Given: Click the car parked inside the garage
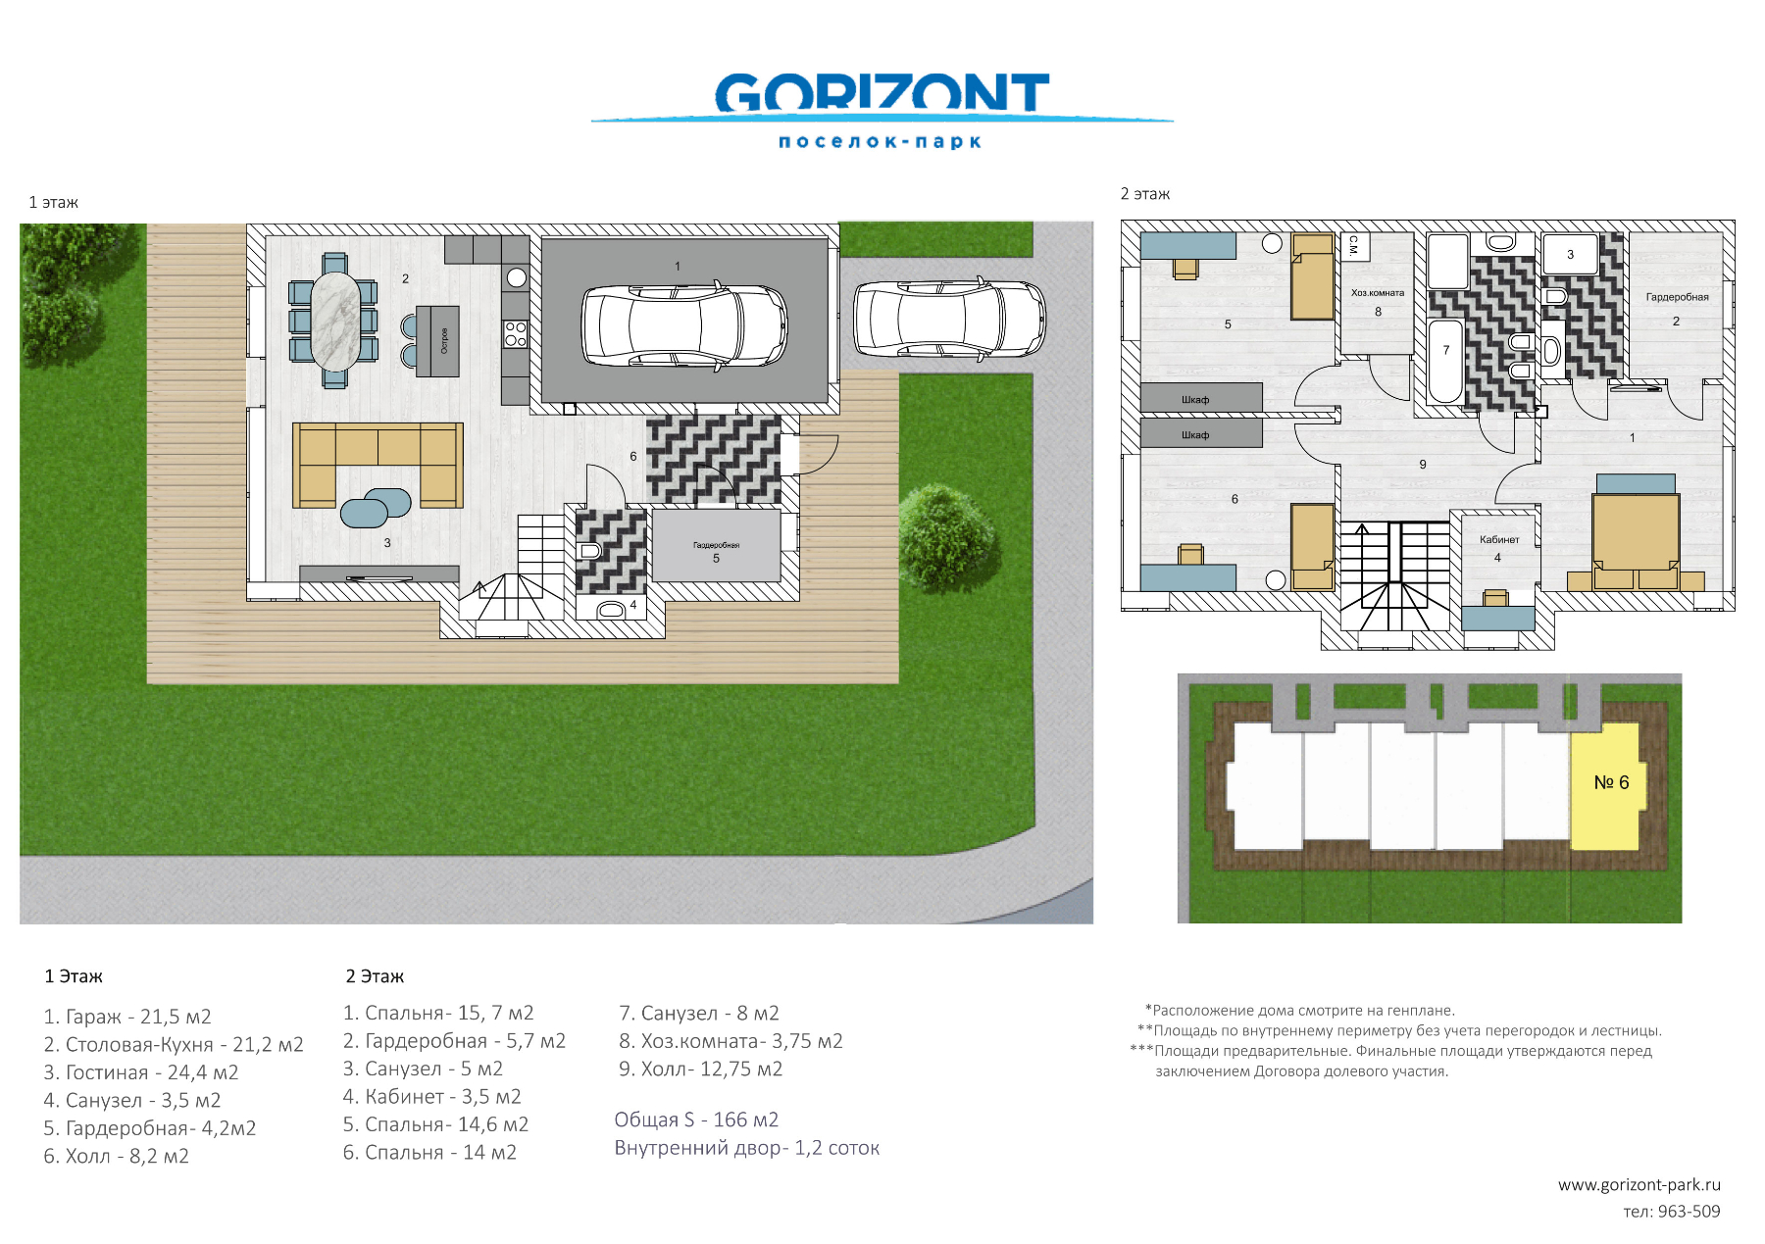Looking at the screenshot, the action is [x=684, y=325].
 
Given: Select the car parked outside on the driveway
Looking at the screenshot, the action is [x=949, y=319].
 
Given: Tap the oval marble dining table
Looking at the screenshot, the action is [x=335, y=321].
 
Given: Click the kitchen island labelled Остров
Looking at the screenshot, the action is [x=437, y=340].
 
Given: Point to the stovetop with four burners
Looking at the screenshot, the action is [x=516, y=334].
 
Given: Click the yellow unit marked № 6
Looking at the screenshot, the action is [x=1605, y=785].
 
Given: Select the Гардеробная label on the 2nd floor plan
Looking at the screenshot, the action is [x=1677, y=297].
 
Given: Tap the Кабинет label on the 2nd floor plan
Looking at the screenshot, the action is [x=1499, y=539].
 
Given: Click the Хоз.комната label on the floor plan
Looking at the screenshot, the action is [x=1378, y=293].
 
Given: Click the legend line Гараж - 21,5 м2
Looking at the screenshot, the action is [x=127, y=1017].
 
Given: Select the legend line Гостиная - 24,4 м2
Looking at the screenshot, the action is [x=141, y=1072].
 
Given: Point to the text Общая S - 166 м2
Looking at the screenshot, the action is [x=696, y=1120].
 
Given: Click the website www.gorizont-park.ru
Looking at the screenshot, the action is [x=1639, y=1185].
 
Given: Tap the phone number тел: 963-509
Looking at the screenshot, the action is [x=1672, y=1212].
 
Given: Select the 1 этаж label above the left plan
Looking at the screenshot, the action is [x=54, y=203].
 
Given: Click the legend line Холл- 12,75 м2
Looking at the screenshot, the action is [x=700, y=1069].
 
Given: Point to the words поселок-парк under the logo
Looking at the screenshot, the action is [x=880, y=142].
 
